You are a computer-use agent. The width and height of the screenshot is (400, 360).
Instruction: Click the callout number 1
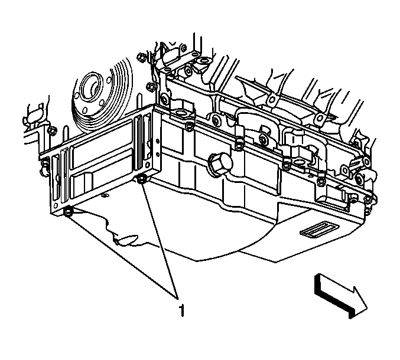point(181,309)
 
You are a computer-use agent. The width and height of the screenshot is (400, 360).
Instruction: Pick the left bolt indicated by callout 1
point(69,212)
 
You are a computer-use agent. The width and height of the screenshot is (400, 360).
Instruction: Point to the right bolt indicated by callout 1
point(142,179)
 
